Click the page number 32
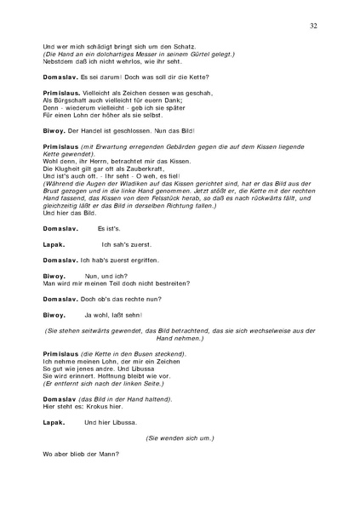point(314,26)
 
